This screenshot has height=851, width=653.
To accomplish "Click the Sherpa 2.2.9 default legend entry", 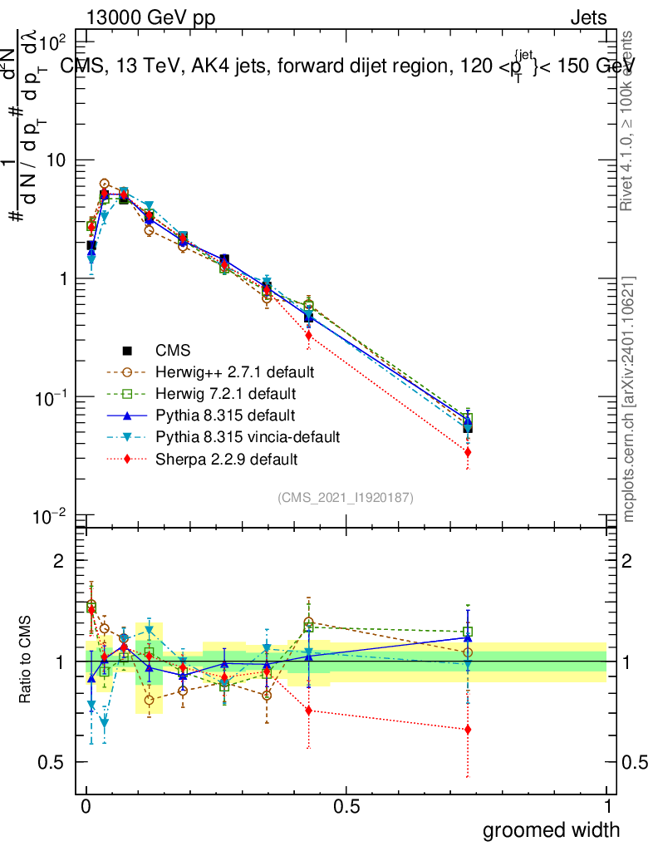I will tap(220, 458).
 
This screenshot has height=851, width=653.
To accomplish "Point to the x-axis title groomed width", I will tap(551, 829).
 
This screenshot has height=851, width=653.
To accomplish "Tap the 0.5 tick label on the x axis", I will tap(346, 805).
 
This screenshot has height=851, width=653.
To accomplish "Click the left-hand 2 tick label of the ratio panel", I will tap(59, 561).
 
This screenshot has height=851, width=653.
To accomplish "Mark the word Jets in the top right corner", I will tap(588, 17).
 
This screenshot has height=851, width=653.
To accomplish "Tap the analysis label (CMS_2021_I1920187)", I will tap(346, 497).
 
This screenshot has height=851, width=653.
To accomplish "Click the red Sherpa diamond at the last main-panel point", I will tap(468, 452).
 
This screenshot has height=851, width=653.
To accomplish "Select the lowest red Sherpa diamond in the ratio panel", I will tap(468, 730).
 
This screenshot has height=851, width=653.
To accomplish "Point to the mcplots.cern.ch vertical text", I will tap(628, 399).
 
